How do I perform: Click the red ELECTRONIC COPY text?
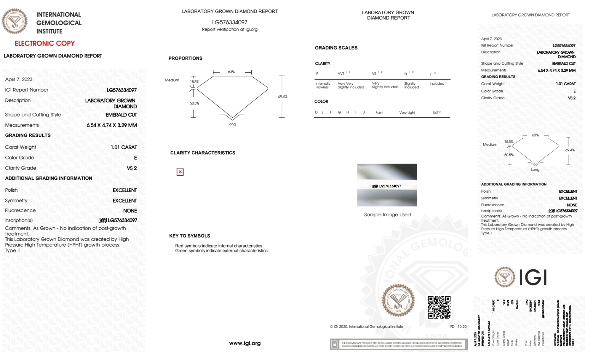click(x=45, y=43)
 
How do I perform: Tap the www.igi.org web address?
click(x=244, y=343)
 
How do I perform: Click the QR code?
click(x=439, y=307)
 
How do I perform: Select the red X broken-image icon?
click(x=180, y=172)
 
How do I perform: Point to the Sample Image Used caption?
click(x=387, y=215)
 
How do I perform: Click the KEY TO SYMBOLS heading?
click(x=189, y=236)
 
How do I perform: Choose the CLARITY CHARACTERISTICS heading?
click(x=202, y=153)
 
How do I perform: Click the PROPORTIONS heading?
click(x=185, y=58)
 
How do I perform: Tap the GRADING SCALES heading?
click(x=336, y=48)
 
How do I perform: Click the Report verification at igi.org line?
click(x=229, y=29)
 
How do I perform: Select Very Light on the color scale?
click(x=407, y=113)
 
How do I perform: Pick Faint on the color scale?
click(x=379, y=113)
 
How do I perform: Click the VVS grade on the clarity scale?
click(x=341, y=73)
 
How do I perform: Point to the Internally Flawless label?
click(x=322, y=85)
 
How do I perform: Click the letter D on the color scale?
click(x=316, y=112)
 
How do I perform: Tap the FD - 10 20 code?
click(x=458, y=327)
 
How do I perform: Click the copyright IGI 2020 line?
click(x=366, y=327)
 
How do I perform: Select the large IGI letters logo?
click(x=533, y=278)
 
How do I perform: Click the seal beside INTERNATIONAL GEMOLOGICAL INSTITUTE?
click(x=15, y=21)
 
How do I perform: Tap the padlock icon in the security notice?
click(x=335, y=344)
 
